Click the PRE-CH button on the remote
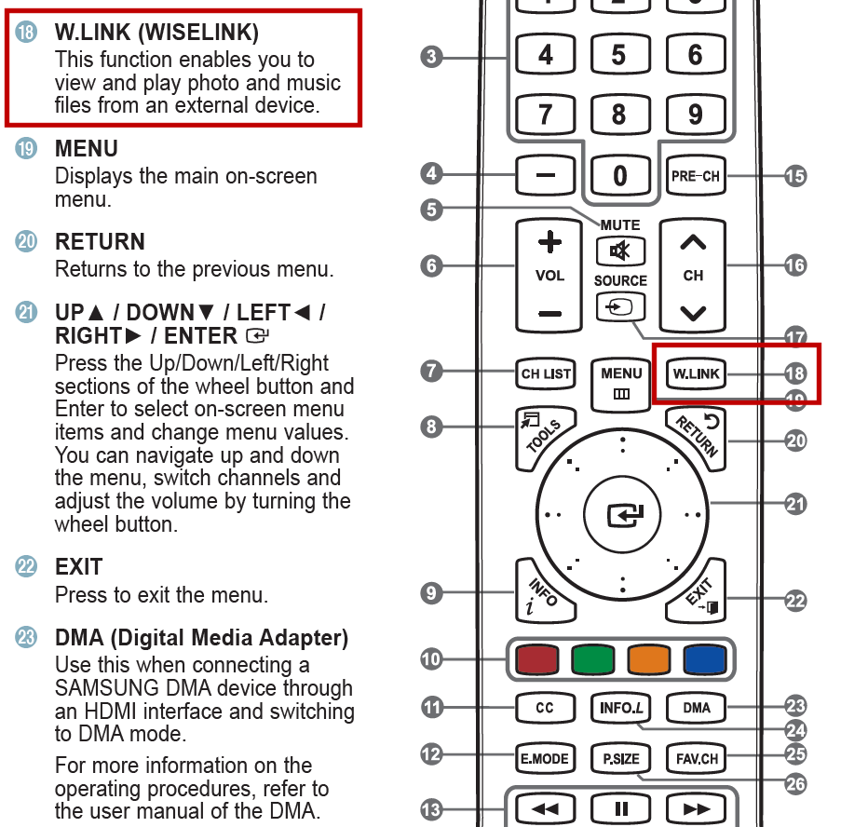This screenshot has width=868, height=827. coord(696,175)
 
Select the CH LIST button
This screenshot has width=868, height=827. coord(546,374)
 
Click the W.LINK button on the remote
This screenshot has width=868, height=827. coord(696,374)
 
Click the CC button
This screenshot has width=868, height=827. coord(545,708)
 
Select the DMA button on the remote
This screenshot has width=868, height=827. coord(696,708)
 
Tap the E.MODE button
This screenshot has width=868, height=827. coord(545,758)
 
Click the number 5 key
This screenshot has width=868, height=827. coord(619,56)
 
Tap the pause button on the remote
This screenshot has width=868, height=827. coord(621,808)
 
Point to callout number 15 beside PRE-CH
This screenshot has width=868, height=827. coord(794,175)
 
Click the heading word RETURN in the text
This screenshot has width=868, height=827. coord(100,242)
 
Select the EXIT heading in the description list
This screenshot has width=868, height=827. coord(79,567)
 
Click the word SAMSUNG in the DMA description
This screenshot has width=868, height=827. coord(102,689)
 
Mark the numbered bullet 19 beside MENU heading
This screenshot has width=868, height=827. coord(27,149)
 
